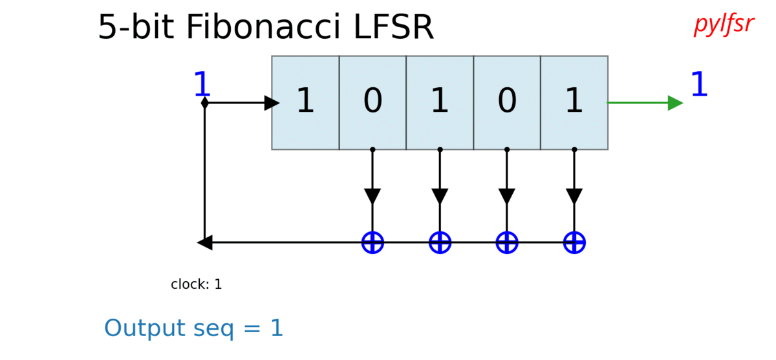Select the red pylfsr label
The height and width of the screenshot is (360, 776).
pos(724,24)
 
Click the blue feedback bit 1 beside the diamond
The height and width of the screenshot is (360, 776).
pos(202,85)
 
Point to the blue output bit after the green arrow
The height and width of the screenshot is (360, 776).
pos(699,85)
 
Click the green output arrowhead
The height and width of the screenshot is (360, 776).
pos(675,103)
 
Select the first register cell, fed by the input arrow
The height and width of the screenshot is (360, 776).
pos(305,103)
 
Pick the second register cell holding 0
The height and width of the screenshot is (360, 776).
pos(372,103)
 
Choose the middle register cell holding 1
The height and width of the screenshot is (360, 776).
pos(440,103)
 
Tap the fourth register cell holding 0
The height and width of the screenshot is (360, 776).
pos(507,103)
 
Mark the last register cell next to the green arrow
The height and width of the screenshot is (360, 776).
pos(574,103)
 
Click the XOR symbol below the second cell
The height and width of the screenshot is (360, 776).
pos(372,243)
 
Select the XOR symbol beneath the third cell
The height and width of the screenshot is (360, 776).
pos(440,243)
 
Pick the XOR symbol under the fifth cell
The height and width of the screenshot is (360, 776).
pos(574,243)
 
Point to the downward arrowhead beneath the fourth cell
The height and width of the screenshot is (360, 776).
pos(507,196)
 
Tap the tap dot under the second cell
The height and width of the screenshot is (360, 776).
pos(372,149)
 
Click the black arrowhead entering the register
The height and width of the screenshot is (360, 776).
pos(272,103)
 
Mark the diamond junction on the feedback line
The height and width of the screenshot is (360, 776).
pos(204,103)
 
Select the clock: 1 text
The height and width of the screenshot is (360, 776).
pos(196,284)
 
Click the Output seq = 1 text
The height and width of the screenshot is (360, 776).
pos(194,328)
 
